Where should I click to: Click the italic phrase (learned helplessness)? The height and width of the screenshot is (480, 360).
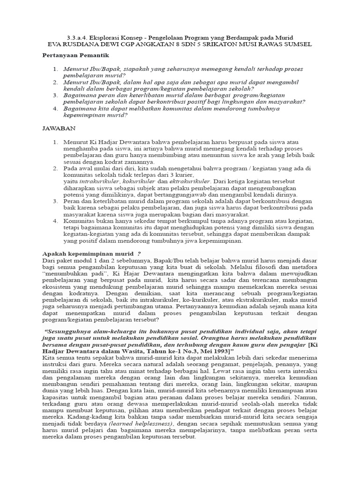[148, 424]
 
